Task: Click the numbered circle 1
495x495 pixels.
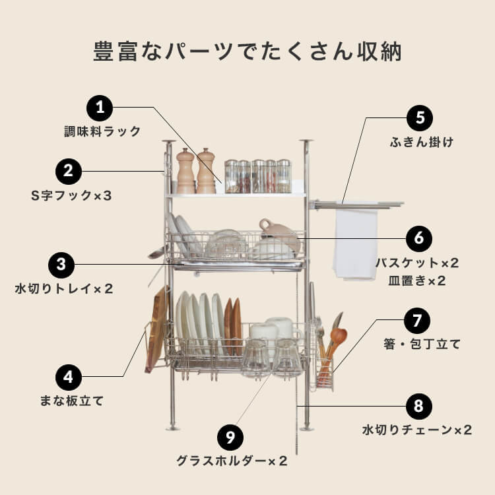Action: tap(100, 108)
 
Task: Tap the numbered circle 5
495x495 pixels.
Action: tap(420, 119)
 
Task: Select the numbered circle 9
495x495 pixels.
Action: tap(230, 438)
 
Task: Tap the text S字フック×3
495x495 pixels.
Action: tap(72, 196)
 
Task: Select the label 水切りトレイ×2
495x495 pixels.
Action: tap(65, 288)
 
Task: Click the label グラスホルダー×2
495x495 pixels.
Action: tap(232, 461)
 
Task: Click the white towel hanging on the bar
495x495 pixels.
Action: tap(355, 241)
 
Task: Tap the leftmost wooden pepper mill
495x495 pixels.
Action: tap(185, 172)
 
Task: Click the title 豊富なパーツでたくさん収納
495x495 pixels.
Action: tap(247, 52)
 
